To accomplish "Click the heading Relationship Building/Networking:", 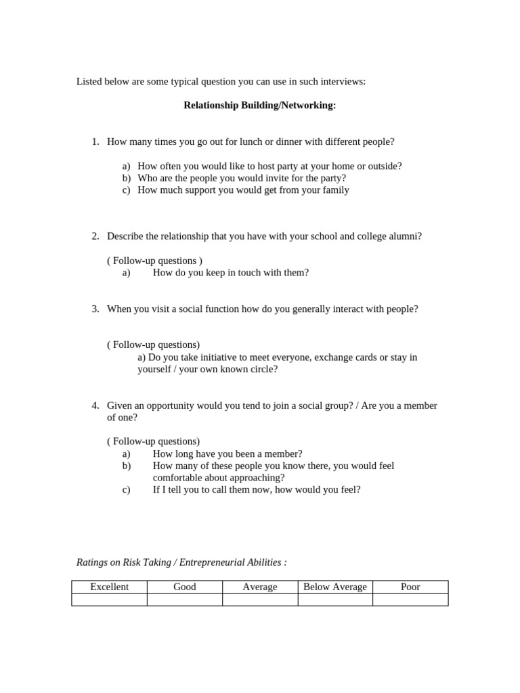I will click(x=259, y=106).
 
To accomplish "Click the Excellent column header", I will click(x=109, y=587).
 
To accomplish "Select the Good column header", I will click(x=184, y=587).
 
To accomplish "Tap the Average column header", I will click(x=260, y=587).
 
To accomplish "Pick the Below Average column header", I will click(x=335, y=587).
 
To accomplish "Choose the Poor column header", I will click(x=410, y=587).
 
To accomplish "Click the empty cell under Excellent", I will click(x=109, y=600).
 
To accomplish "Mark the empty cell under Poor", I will click(x=410, y=600).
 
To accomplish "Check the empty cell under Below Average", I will click(x=335, y=600).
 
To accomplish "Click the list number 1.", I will click(x=95, y=141).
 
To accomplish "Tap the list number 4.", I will click(x=95, y=405).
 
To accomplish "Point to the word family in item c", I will click(x=335, y=190).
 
